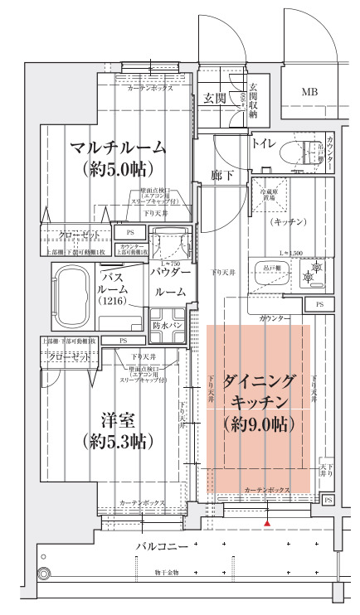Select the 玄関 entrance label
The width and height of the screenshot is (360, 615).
pyautogui.click(x=215, y=99)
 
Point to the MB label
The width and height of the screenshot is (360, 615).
pyautogui.click(x=309, y=92)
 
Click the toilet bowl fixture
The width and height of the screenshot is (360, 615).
pyautogui.click(x=291, y=152)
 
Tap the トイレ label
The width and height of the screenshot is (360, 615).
pyautogui.click(x=265, y=143)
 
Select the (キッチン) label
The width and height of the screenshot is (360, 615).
pyautogui.click(x=288, y=221)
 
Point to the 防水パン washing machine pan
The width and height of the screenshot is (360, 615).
pyautogui.click(x=168, y=326)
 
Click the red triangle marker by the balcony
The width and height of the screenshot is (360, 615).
pyautogui.click(x=266, y=523)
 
